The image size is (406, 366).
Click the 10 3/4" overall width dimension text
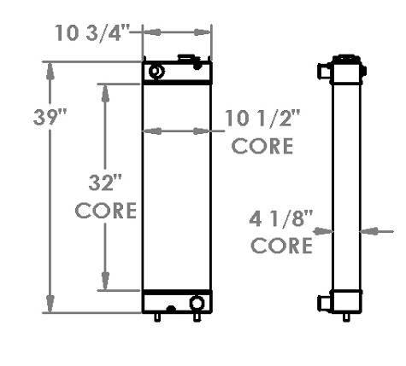pyautogui.click(x=91, y=33)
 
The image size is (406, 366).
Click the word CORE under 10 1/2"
pyautogui.click(x=263, y=145)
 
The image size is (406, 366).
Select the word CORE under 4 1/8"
pyautogui.click(x=281, y=247)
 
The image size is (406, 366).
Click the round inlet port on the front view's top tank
pyautogui.click(x=156, y=71)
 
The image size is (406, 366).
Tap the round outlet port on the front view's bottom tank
pyautogui.click(x=197, y=302)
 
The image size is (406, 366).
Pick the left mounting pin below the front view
pyautogui.click(x=158, y=318)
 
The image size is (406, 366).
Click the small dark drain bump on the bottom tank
pyautogui.click(x=171, y=308)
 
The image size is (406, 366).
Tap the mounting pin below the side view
pyautogui.click(x=345, y=318)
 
